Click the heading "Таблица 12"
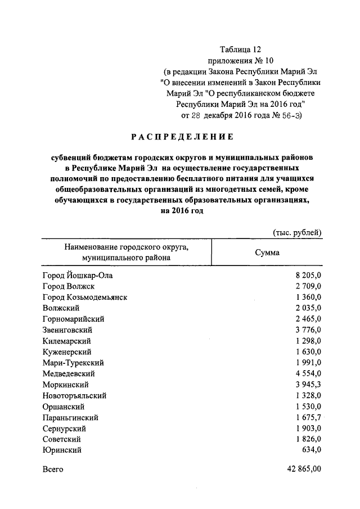click(240, 50)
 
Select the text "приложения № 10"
click(240, 61)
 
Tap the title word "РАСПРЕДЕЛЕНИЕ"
click(182, 137)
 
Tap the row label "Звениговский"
click(67, 330)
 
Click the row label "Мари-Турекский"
click(73, 363)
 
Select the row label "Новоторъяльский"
click(74, 395)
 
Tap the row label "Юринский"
click(62, 450)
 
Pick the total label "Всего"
click(53, 469)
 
